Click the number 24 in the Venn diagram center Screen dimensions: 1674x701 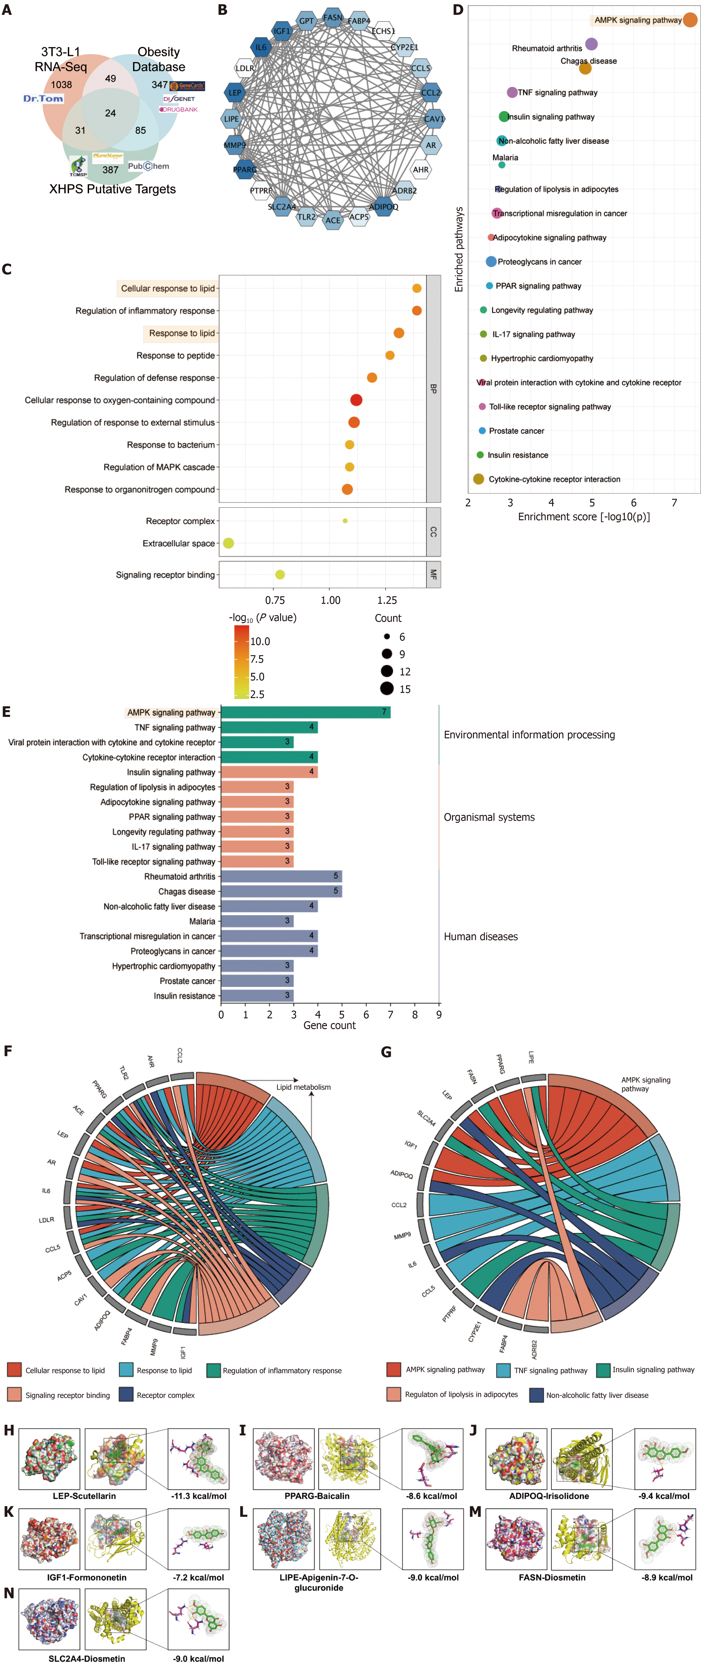110,113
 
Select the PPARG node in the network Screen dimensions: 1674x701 245,170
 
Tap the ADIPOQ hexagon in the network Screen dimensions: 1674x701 383,207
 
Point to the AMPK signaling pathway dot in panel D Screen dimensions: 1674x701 689,20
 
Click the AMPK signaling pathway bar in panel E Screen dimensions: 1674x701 305,712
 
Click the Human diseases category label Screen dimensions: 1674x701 481,936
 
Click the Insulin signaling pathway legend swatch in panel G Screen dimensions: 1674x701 603,1369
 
